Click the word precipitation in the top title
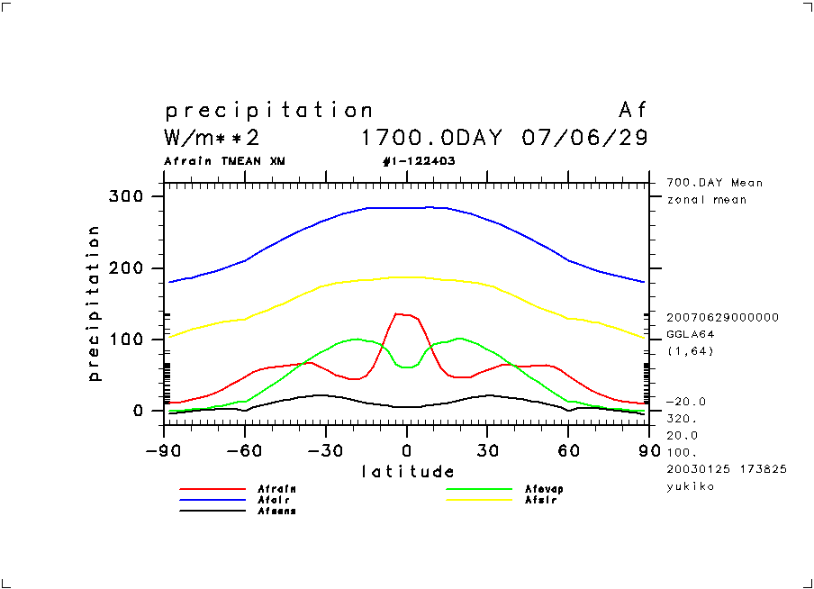(268, 111)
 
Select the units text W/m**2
(213, 139)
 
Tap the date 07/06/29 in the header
(584, 139)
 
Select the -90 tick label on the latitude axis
(163, 450)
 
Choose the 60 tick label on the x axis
(567, 450)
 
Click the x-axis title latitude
(408, 471)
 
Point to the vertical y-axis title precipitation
(94, 304)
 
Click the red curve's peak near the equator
(397, 313)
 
